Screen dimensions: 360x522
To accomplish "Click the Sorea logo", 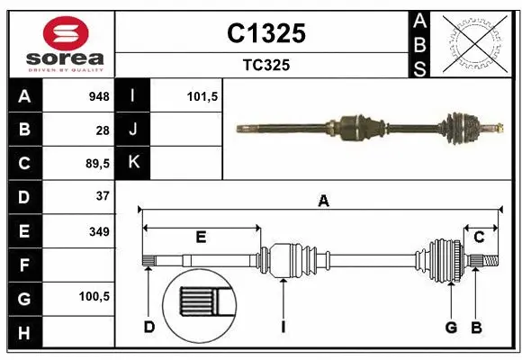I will [60, 42].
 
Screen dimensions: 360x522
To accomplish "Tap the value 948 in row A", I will [98, 96].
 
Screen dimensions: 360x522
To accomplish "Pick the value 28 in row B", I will [102, 130].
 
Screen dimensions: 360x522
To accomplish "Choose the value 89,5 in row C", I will [95, 164].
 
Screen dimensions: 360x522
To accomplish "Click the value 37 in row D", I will [102, 195].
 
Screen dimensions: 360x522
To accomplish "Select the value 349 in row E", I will [99, 231].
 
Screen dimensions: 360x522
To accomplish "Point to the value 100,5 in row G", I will [94, 296].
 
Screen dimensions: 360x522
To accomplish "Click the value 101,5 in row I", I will [202, 96].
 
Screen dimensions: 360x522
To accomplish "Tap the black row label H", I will [24, 334].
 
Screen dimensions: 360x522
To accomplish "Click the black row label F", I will [24, 265].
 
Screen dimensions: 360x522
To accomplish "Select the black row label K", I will [133, 163].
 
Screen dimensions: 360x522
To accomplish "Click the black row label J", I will [133, 130].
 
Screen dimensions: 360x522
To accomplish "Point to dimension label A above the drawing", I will [323, 202].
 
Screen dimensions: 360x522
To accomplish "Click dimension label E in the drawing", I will [201, 237].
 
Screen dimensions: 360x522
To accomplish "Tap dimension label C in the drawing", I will [479, 237].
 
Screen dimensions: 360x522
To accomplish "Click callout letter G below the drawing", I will [451, 327].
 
